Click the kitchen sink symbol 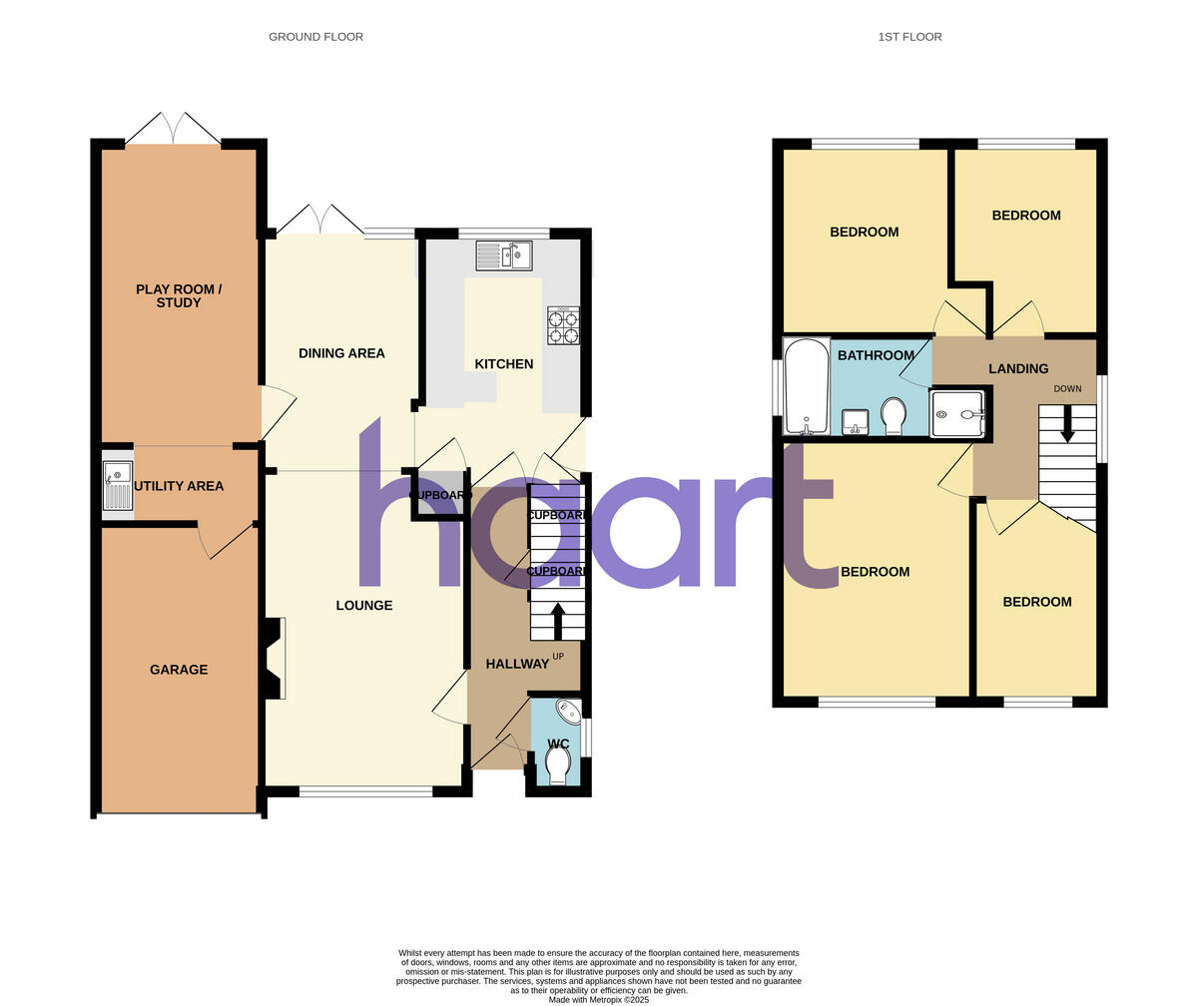tap(504, 255)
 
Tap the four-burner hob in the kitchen tap(562, 325)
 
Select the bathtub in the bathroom tap(806, 387)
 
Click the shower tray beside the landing tap(957, 413)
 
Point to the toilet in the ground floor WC tap(558, 764)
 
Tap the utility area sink tap(117, 486)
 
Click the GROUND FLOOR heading tap(315, 37)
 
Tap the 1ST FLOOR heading tap(909, 37)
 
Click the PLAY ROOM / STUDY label tap(179, 295)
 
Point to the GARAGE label tap(179, 670)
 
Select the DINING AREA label tap(341, 353)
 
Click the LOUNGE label tap(363, 606)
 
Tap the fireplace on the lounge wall tap(274, 658)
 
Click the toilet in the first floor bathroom tap(894, 415)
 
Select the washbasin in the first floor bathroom tap(855, 422)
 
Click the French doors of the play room tap(173, 129)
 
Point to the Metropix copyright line tap(598, 999)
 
